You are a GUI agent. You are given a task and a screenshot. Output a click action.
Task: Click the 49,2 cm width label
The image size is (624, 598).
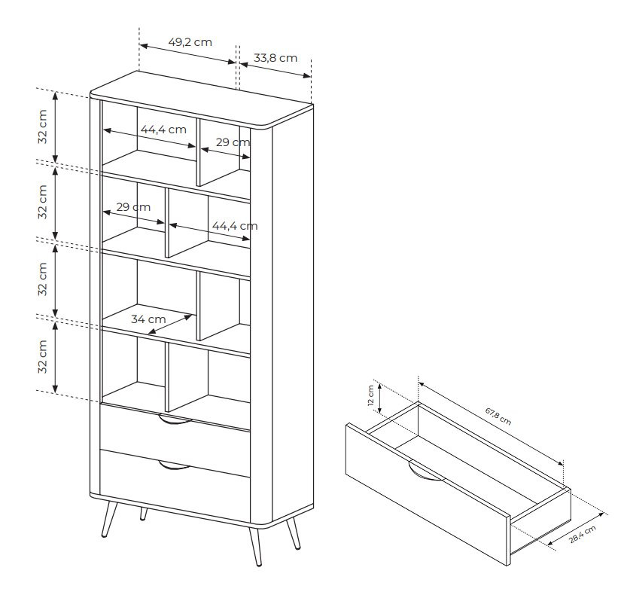click(190, 42)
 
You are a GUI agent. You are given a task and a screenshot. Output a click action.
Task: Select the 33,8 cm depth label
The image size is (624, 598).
click(275, 57)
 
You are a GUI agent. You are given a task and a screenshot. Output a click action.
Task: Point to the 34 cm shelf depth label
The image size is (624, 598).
click(148, 319)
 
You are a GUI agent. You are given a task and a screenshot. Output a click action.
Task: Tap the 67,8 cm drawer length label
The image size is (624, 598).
click(498, 416)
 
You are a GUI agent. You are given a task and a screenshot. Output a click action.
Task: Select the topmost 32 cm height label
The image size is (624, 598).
click(44, 127)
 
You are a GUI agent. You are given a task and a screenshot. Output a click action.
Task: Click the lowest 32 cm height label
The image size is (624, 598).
click(44, 357)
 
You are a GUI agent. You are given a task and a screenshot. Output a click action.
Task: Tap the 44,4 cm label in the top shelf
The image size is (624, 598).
click(163, 130)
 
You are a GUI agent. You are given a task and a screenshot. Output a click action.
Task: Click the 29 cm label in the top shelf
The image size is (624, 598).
click(233, 142)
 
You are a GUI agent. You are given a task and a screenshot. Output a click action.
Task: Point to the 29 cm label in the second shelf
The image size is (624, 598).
click(133, 207)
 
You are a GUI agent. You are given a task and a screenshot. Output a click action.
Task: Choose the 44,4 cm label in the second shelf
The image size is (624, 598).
click(234, 225)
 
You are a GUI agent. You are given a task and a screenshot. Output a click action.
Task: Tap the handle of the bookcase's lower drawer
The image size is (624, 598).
click(175, 466)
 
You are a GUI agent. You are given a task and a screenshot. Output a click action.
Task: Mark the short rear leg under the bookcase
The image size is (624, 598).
click(143, 514)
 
